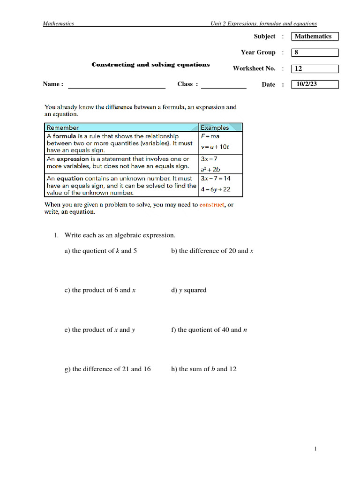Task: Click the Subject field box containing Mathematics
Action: (315, 37)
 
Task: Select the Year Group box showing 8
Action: (315, 52)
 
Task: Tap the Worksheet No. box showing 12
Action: (315, 69)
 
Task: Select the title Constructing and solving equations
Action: (150, 65)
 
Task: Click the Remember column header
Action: (63, 127)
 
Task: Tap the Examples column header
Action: (215, 127)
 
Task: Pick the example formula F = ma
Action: (210, 136)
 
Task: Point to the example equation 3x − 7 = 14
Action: (215, 179)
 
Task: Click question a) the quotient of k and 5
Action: (101, 251)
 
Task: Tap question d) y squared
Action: (189, 290)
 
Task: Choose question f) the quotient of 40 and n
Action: (209, 330)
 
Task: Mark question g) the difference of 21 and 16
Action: (108, 369)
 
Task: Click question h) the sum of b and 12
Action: (204, 369)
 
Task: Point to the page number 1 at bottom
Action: (316, 450)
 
